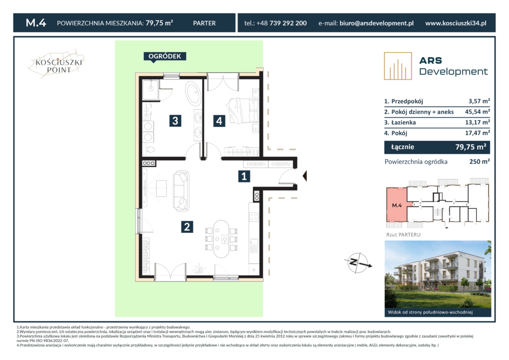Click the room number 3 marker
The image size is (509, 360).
[x=175, y=121]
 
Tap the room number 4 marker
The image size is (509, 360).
[x=219, y=121]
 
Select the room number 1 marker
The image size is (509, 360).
[x=244, y=176]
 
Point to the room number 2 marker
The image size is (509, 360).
[x=187, y=227]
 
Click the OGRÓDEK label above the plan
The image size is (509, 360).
[x=165, y=57]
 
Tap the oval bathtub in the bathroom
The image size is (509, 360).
[x=193, y=93]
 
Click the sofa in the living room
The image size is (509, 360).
[x=181, y=191]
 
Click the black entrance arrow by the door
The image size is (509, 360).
[x=305, y=176]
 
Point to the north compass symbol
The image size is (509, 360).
[x=358, y=262]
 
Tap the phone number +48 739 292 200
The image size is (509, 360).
[x=281, y=23]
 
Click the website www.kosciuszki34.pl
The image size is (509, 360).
[x=456, y=23]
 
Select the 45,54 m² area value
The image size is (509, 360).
[x=478, y=112]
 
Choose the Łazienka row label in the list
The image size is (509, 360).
[x=404, y=122]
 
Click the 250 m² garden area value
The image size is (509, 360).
[x=480, y=161]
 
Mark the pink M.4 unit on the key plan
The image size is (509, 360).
[x=396, y=205]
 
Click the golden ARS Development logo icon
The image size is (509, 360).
[x=398, y=66]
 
